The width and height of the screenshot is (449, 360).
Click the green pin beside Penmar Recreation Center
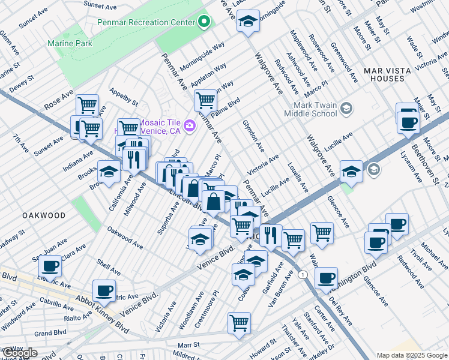click(204, 22)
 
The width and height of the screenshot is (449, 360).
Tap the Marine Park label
click(70, 43)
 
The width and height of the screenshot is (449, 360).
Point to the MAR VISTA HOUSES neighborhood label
click(387, 74)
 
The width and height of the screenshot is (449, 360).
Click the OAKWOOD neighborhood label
click(43, 215)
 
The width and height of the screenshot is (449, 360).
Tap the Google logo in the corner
click(19, 353)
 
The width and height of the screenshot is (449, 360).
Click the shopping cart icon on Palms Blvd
click(205, 100)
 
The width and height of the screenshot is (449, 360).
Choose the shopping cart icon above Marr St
click(239, 323)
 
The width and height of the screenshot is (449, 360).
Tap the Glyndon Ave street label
click(253, 134)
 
